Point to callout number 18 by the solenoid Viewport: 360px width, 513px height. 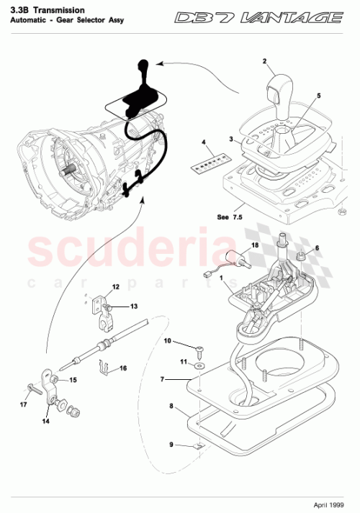(x=253, y=245)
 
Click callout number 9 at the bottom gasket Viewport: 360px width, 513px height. (x=171, y=444)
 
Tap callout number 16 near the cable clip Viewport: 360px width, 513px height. (x=123, y=368)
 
